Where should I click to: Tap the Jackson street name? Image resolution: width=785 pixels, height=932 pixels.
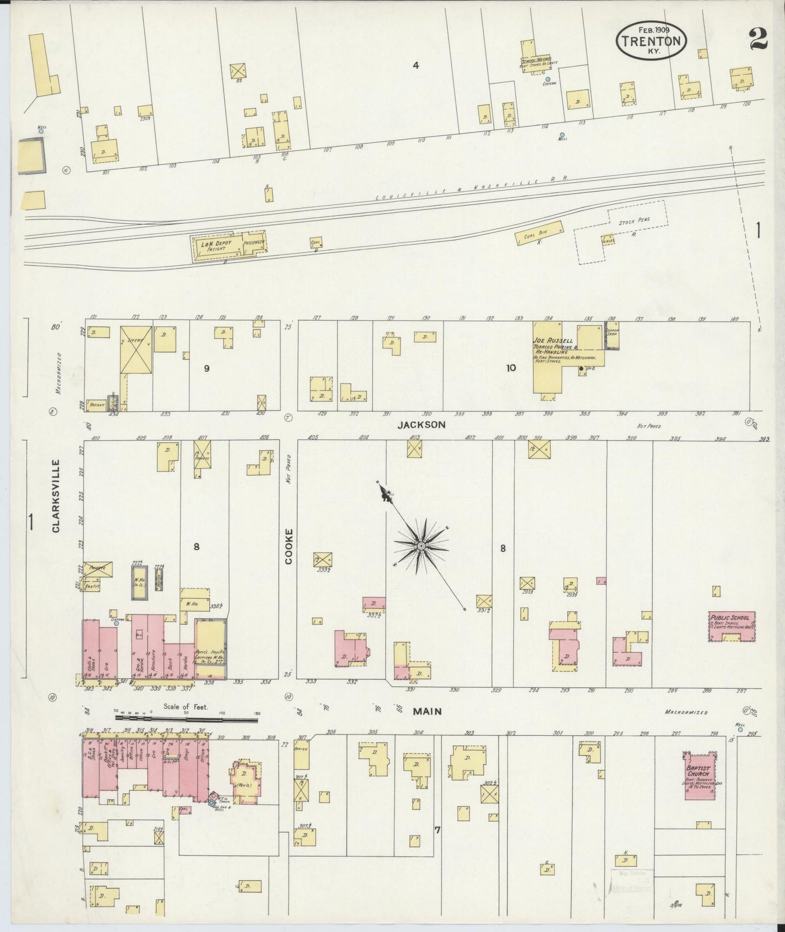pyautogui.click(x=421, y=425)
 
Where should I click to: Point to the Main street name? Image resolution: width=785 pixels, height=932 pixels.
pyautogui.click(x=428, y=711)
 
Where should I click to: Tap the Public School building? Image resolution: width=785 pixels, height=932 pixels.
pyautogui.click(x=732, y=626)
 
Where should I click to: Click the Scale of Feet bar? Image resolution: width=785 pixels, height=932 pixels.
pyautogui.click(x=185, y=719)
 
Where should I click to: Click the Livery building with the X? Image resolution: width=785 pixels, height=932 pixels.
pyautogui.click(x=136, y=350)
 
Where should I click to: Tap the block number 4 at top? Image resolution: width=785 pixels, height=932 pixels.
pyautogui.click(x=415, y=66)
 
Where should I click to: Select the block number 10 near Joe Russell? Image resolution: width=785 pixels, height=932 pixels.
pyautogui.click(x=511, y=368)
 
